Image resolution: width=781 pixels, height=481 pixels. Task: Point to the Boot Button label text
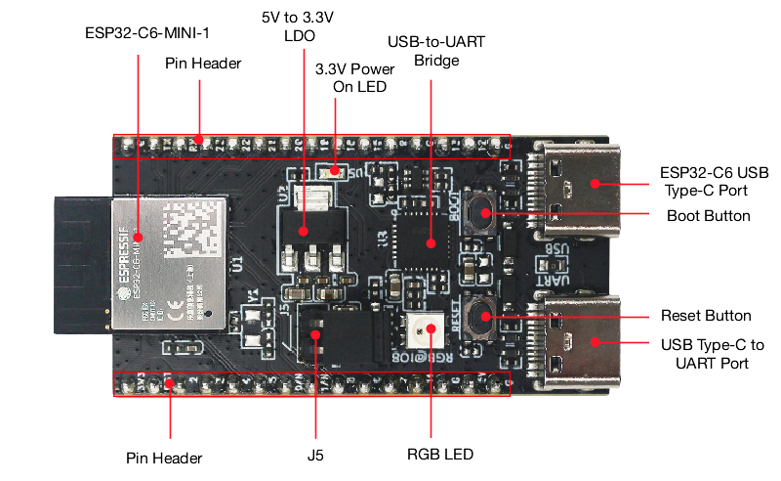(x=708, y=215)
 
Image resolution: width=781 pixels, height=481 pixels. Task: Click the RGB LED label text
(x=440, y=455)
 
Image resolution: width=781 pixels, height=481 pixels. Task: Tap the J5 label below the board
(x=314, y=455)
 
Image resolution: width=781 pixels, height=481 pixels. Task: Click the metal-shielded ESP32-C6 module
(x=171, y=261)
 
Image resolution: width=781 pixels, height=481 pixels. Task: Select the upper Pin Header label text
(x=203, y=64)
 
